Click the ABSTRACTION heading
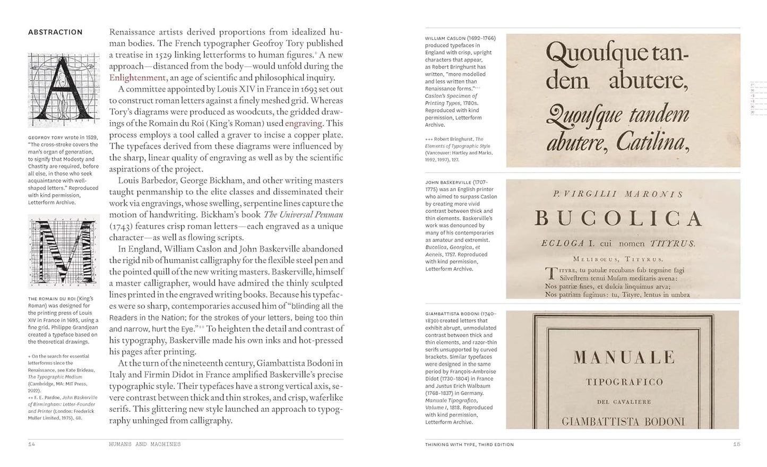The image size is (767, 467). point(55,32)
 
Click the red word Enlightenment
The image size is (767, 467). point(137,77)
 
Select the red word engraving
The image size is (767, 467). point(304,123)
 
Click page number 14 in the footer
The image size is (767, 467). point(31,444)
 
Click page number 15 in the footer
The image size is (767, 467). point(736,444)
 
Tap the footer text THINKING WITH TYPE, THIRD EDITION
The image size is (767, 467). point(469,444)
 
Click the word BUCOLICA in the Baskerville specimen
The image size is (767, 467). point(618,218)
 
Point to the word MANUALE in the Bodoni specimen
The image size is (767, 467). point(624,357)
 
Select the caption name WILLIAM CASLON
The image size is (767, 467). point(445,38)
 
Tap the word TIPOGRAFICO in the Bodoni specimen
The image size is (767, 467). point(624,382)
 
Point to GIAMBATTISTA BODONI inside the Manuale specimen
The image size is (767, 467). point(623,422)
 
